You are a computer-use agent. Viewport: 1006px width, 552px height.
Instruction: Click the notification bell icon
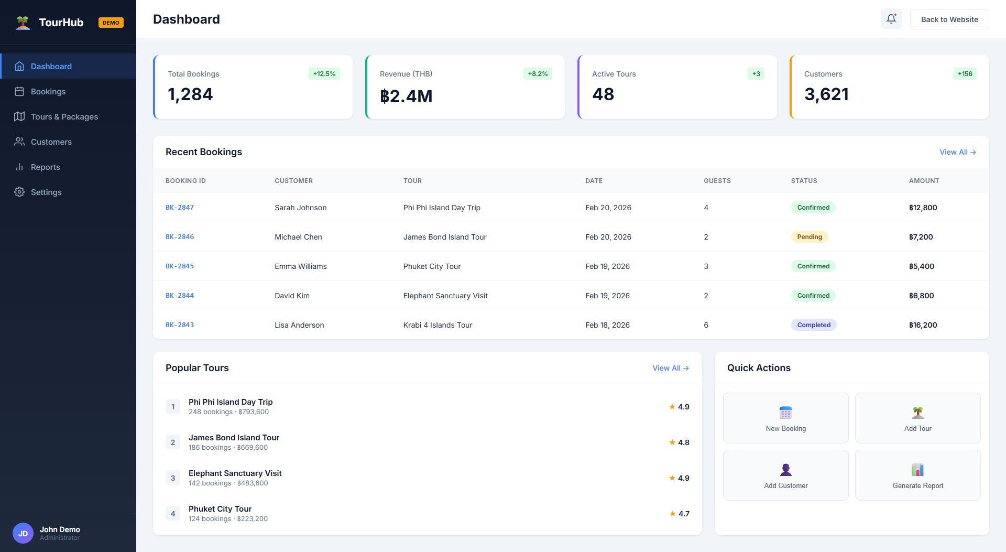(x=891, y=19)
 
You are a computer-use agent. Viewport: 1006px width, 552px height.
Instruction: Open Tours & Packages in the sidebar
(x=64, y=116)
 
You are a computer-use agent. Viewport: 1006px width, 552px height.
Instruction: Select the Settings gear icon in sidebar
(x=19, y=192)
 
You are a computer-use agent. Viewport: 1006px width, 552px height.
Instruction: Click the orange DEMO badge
(x=111, y=23)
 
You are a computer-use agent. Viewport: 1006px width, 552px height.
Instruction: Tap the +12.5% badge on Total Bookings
(x=324, y=74)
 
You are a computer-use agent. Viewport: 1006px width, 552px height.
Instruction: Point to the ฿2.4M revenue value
(x=406, y=96)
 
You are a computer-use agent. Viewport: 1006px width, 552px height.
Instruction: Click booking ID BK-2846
(x=180, y=237)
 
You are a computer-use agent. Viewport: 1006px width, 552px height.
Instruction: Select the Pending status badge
(x=809, y=237)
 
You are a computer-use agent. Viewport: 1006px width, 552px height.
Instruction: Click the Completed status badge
(x=813, y=325)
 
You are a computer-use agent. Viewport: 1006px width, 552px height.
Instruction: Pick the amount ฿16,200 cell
(x=923, y=325)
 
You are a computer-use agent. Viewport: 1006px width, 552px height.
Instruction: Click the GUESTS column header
(x=717, y=181)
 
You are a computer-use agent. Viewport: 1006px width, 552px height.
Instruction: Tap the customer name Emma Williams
(x=300, y=266)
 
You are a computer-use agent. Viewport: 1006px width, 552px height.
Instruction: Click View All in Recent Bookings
(x=957, y=152)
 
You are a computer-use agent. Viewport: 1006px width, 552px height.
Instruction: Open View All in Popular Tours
(x=670, y=368)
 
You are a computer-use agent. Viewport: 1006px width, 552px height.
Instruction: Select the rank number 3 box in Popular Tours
(x=173, y=478)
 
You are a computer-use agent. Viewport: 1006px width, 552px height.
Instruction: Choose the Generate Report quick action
(x=917, y=475)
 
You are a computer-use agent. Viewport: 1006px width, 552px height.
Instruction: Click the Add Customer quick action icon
(x=785, y=470)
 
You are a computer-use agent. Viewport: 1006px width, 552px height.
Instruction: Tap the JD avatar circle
(x=23, y=533)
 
